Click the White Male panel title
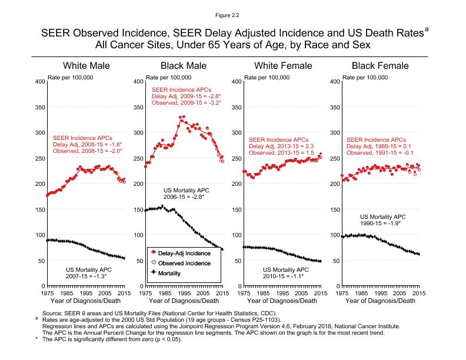tap(86, 66)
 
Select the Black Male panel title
tap(184, 66)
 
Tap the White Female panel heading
tap(282, 66)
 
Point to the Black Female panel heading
tap(380, 66)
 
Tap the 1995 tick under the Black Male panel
tap(184, 292)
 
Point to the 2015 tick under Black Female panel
tap(418, 292)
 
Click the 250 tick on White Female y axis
tap(235, 158)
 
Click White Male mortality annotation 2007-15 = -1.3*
tap(86, 275)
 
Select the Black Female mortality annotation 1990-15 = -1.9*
tap(381, 224)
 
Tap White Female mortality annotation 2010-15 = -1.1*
tap(283, 275)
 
